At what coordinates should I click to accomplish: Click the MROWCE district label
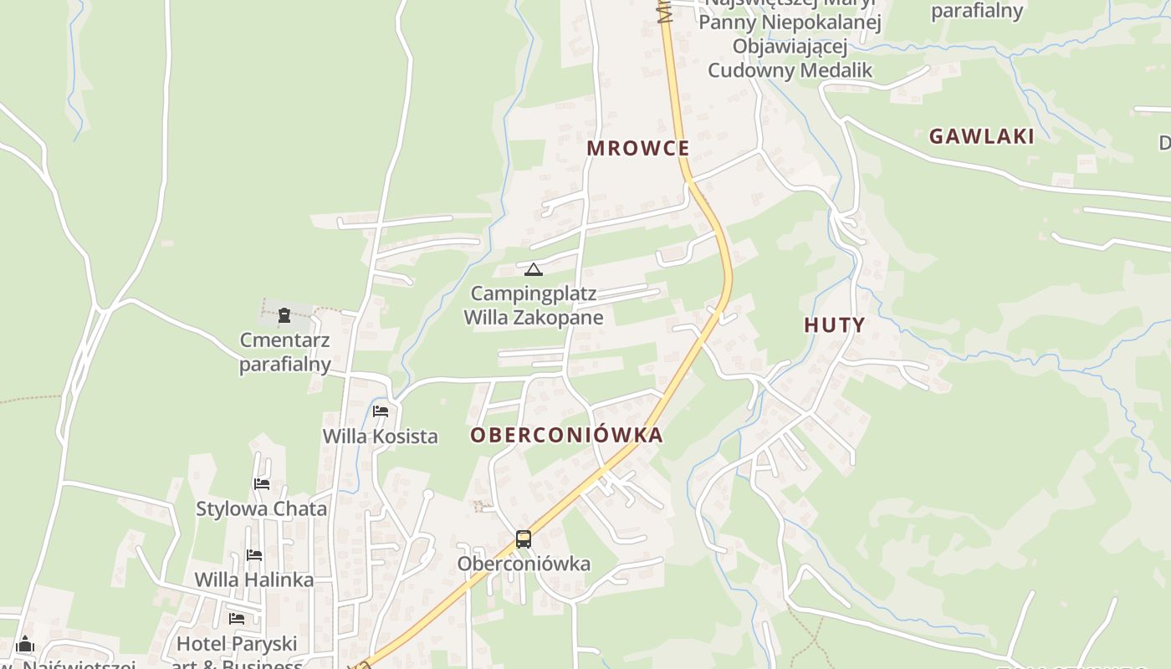tap(638, 148)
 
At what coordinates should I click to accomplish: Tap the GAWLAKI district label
tap(981, 136)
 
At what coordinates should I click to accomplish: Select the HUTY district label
tap(834, 325)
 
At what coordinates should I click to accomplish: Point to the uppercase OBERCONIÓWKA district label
tap(566, 435)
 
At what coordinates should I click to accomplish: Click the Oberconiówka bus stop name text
tap(524, 564)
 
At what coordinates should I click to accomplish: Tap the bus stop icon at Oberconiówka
tap(524, 539)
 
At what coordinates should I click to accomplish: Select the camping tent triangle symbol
tap(533, 269)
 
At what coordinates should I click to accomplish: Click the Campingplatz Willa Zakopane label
tap(534, 305)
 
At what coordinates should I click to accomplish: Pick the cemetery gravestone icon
tap(284, 315)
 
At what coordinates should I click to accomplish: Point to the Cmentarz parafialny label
tap(285, 352)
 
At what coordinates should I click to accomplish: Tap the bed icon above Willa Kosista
tap(381, 411)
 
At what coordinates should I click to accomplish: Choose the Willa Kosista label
tap(380, 436)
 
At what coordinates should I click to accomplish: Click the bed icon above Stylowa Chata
tap(262, 483)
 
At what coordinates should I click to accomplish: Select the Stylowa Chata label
tap(262, 508)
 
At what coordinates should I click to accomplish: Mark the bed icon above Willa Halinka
tap(254, 554)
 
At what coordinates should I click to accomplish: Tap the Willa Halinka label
tap(254, 580)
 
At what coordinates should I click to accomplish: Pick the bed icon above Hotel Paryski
tap(237, 619)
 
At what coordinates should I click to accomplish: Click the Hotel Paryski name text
tap(237, 644)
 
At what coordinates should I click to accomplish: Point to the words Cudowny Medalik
tap(790, 69)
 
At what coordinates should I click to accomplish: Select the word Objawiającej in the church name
tap(790, 46)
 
